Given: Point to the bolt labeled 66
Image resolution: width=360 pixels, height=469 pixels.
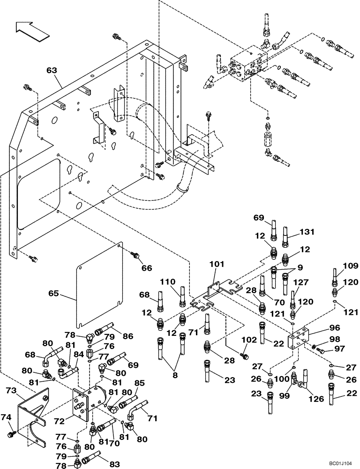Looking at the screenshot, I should pos(136,256).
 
